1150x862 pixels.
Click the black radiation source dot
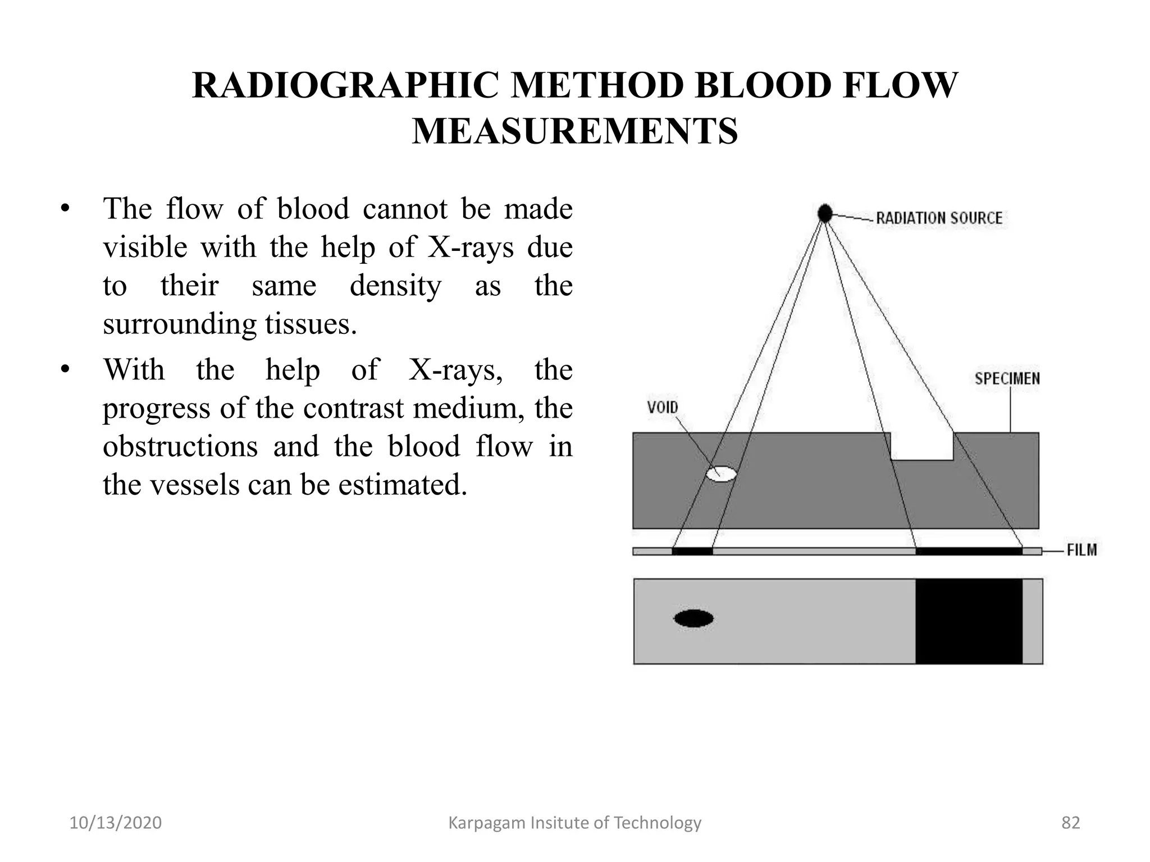(x=824, y=213)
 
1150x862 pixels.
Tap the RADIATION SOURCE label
(x=939, y=218)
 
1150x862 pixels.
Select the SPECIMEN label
(x=1007, y=379)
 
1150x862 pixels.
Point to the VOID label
(x=663, y=407)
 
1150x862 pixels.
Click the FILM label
(x=1081, y=550)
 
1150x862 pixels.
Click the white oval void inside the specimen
(x=721, y=474)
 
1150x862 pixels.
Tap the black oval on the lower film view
(x=693, y=618)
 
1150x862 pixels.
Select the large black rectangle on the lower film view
(x=969, y=621)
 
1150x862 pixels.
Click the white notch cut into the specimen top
(x=922, y=446)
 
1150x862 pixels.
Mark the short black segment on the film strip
(x=692, y=551)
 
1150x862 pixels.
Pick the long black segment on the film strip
(x=969, y=551)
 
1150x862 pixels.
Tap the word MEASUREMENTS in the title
(x=575, y=131)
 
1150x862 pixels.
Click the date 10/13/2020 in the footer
(x=116, y=823)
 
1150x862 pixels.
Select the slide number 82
(x=1070, y=823)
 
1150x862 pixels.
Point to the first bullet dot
(x=65, y=209)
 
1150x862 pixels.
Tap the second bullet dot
(x=65, y=369)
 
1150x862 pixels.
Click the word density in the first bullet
(x=395, y=286)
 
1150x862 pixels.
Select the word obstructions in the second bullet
(x=180, y=447)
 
